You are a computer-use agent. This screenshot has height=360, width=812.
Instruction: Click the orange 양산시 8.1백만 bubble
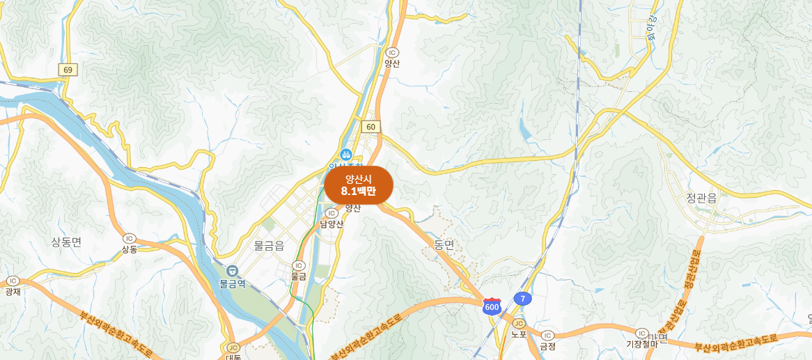click(x=359, y=185)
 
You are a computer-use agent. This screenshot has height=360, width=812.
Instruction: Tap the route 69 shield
click(x=68, y=70)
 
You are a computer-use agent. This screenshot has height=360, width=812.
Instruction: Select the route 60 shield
click(x=371, y=127)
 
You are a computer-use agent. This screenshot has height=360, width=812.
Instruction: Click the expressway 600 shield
click(x=492, y=306)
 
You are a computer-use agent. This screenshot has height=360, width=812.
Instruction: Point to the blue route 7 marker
click(x=522, y=299)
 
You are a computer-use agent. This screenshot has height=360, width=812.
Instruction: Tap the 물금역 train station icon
click(x=233, y=271)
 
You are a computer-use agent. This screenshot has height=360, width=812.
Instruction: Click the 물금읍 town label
click(x=269, y=246)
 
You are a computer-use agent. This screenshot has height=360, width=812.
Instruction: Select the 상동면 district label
click(x=66, y=242)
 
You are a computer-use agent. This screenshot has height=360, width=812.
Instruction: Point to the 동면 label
click(x=444, y=244)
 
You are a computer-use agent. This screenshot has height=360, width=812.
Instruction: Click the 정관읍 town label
click(x=701, y=198)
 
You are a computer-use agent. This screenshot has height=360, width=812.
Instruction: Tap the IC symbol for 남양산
click(x=331, y=213)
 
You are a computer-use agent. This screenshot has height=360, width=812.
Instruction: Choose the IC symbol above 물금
click(x=299, y=265)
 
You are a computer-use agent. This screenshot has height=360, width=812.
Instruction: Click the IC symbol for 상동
click(x=129, y=238)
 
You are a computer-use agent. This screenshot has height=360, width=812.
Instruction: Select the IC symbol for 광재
click(x=12, y=281)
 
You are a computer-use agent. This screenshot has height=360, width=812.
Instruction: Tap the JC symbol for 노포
click(x=518, y=323)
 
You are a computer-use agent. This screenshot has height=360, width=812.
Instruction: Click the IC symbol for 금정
click(x=547, y=335)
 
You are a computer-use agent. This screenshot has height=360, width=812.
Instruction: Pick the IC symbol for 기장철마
click(x=641, y=333)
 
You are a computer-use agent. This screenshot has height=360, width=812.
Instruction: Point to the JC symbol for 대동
click(x=233, y=347)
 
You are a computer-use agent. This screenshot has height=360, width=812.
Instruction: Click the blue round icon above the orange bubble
click(x=345, y=154)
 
